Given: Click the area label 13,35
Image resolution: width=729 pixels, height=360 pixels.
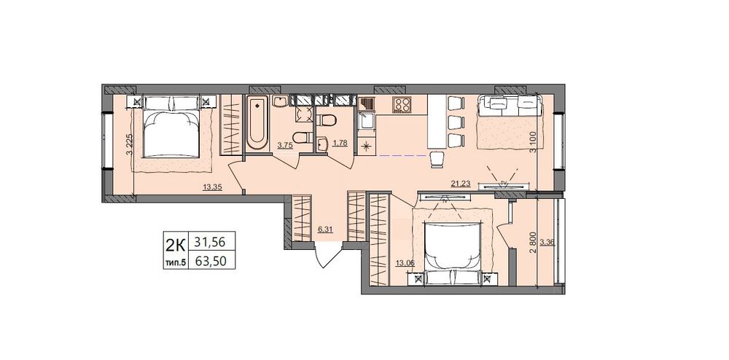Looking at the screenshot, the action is [211, 188].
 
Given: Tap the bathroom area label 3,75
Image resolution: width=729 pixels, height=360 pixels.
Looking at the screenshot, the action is [285, 146].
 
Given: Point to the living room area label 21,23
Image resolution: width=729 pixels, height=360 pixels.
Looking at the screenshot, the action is [461, 184].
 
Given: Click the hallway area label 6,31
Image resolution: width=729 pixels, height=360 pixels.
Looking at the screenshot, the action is [326, 229].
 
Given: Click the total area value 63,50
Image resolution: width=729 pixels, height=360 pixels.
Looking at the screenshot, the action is [211, 262].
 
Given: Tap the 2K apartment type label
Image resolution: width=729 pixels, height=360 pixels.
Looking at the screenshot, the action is [175, 243].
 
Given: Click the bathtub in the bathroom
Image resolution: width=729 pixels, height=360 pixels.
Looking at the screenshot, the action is [257, 122].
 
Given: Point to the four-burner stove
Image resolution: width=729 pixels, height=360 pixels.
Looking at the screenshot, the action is [401, 104].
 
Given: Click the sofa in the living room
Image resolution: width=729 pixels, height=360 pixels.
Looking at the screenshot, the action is [510, 105].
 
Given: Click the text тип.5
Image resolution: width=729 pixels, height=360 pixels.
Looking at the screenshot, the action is [175, 262].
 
